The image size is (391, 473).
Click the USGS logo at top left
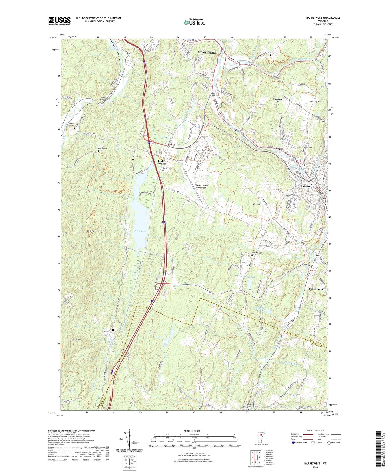(60, 21)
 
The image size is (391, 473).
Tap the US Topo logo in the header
(194, 22)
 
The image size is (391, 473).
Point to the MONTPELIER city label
(207, 53)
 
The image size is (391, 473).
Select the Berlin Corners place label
(162, 162)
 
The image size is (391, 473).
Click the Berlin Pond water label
(140, 231)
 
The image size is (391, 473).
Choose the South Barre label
(316, 289)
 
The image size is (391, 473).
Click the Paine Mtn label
(77, 339)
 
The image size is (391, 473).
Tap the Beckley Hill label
(316, 101)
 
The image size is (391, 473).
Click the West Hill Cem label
(257, 253)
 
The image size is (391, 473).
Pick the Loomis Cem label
(108, 332)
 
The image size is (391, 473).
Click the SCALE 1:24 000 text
(192, 431)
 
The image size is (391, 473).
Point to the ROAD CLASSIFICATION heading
(316, 430)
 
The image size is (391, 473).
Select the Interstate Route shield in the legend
(294, 443)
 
